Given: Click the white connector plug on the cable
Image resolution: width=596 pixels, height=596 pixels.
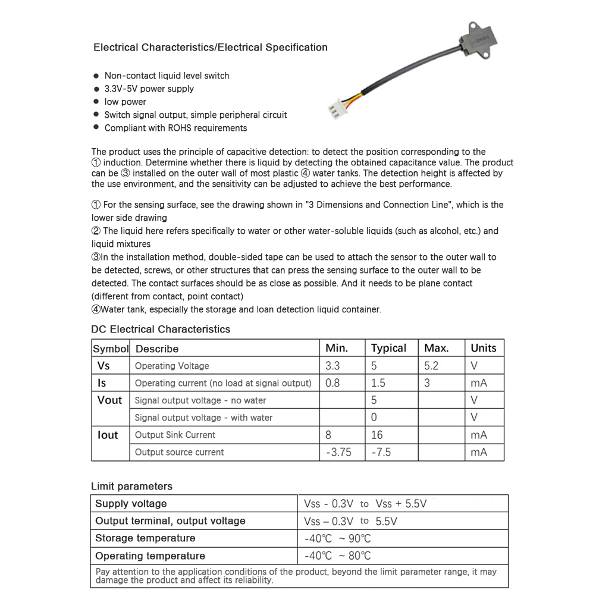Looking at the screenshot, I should tap(335, 110).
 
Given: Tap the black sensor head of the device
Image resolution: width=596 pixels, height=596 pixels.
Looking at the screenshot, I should tap(479, 42).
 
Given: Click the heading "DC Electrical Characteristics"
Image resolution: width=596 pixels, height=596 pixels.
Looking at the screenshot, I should tap(161, 329).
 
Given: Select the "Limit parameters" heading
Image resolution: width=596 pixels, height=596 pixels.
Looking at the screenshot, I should tap(131, 486).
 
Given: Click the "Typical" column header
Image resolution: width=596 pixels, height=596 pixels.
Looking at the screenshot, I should tap(388, 348).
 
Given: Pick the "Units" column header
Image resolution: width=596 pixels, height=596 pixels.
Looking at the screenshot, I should tap(483, 348).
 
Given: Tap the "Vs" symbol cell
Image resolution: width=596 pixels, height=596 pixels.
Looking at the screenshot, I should tap(103, 365).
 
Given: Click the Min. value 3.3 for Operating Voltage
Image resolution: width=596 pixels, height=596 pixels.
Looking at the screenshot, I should tap(333, 365).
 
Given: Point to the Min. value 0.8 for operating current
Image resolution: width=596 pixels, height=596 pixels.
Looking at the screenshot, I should tap(333, 382).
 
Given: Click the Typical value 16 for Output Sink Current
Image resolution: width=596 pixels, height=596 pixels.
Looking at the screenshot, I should tap(377, 435).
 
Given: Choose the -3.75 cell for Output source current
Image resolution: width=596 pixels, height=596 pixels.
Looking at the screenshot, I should tap(338, 452).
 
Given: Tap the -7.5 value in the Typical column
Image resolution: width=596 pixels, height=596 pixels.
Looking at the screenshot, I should tap(381, 452).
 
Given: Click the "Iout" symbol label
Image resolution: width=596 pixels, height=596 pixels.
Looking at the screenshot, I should tap(108, 435).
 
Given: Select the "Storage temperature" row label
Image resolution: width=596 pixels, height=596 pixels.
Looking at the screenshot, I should tap(145, 538).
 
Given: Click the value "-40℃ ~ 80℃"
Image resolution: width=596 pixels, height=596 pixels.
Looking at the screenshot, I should tap(337, 556).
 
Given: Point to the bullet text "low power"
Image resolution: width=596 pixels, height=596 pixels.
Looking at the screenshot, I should tap(125, 102).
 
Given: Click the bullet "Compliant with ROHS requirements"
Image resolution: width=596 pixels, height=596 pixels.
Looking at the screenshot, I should tap(175, 128).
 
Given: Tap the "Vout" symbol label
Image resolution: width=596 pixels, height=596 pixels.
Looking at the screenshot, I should tap(109, 400).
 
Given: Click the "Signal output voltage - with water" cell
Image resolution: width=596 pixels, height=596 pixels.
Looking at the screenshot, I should tap(203, 418).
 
